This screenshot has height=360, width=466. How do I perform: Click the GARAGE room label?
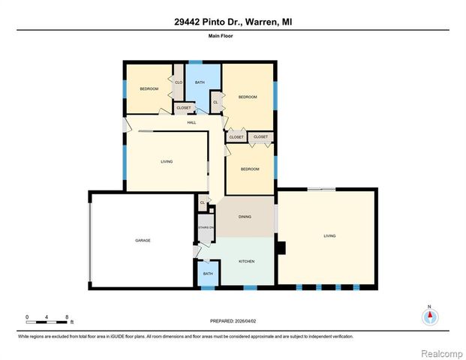[143, 240]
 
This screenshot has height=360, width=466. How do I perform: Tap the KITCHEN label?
[246, 261]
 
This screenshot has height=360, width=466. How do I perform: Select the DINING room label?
[245, 217]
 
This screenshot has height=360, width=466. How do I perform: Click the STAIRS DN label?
[206, 227]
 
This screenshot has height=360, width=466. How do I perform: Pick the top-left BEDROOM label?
[149, 89]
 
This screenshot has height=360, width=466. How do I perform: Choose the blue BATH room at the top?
[200, 82]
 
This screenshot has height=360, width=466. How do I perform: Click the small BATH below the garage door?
[208, 274]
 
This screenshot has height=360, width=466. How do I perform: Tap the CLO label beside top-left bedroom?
[179, 82]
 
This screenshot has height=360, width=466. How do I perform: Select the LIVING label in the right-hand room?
[329, 235]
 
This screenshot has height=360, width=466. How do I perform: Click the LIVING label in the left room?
[167, 161]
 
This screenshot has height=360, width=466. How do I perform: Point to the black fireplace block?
[281, 247]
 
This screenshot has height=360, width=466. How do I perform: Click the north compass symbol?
[429, 316]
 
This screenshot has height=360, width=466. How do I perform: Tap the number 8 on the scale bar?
[68, 317]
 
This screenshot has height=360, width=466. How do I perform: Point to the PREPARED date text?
[233, 321]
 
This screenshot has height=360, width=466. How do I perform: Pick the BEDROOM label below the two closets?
[250, 169]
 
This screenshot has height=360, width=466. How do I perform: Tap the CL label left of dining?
[202, 202]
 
